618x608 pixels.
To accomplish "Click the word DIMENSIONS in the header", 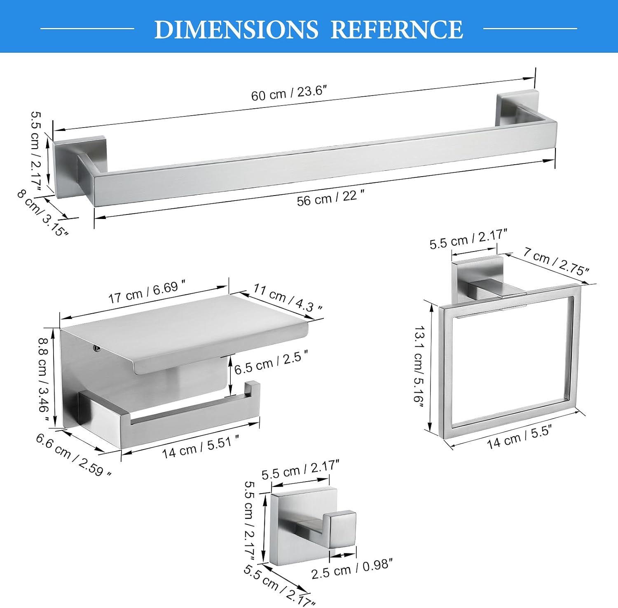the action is [x=236, y=30].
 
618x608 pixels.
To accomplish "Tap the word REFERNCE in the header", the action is [x=397, y=30].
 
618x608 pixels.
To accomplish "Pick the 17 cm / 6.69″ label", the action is [x=147, y=291].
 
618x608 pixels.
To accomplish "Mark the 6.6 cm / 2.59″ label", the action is [x=73, y=455].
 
